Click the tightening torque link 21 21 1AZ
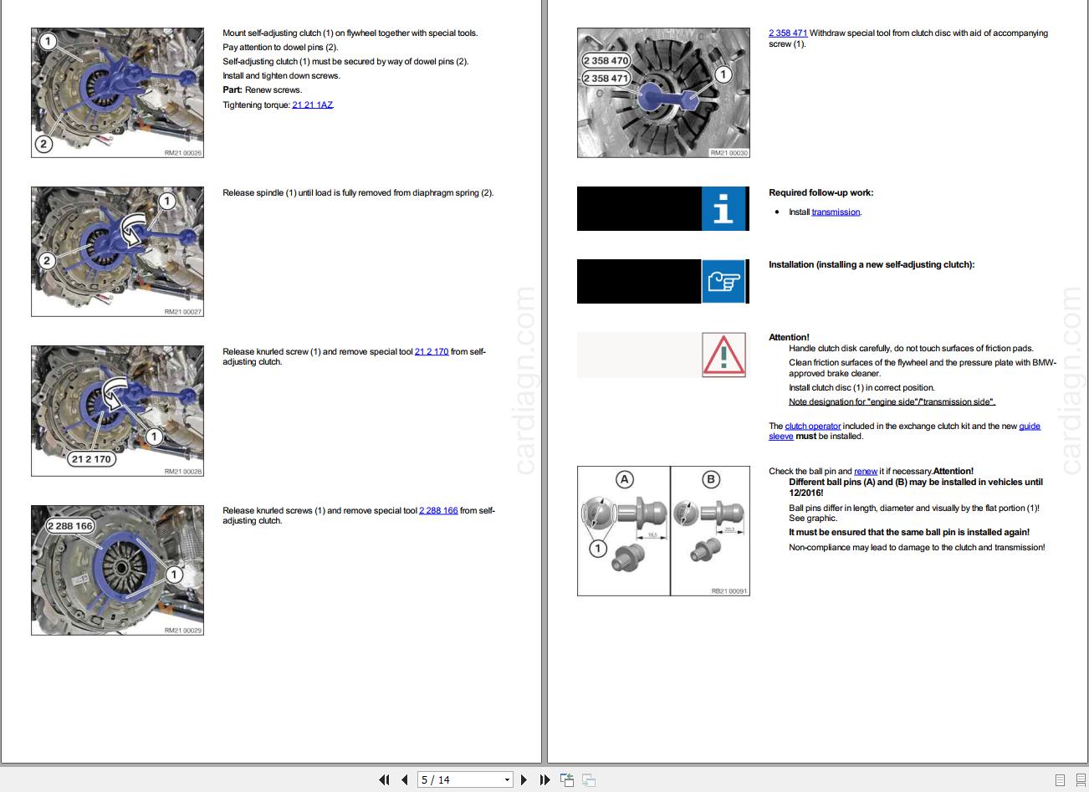click(x=312, y=105)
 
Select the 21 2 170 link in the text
click(x=432, y=352)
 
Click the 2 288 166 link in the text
click(x=438, y=511)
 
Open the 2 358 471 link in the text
click(x=788, y=33)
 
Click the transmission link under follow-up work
click(x=836, y=212)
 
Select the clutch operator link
click(x=812, y=427)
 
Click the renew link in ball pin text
click(x=866, y=472)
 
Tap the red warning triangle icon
click(x=724, y=355)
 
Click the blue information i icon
click(x=723, y=208)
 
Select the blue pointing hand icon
click(x=723, y=281)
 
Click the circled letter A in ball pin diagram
click(x=624, y=479)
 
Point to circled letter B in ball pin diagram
click(x=711, y=479)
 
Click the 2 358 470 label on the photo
click(x=606, y=61)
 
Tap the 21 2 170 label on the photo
click(x=91, y=459)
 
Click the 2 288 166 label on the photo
click(x=70, y=526)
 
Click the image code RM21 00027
click(x=183, y=312)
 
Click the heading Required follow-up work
click(x=821, y=193)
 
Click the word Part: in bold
click(x=233, y=90)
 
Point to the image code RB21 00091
click(x=729, y=590)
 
